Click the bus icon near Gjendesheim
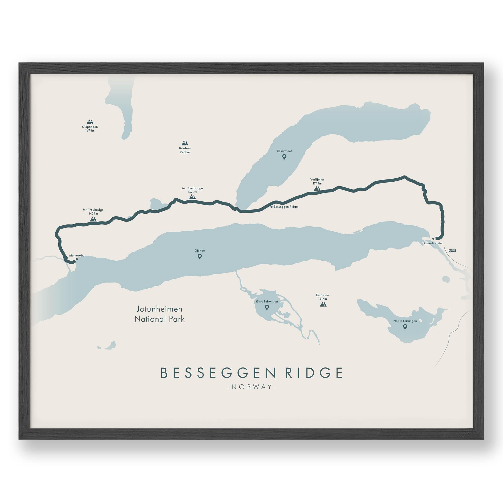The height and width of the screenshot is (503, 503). [452, 251]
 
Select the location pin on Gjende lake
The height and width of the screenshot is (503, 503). [200, 256]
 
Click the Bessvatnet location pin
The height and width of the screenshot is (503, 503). [284, 157]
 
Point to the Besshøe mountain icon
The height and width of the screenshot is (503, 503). [185, 143]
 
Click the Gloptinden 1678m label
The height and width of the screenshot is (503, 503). [90, 129]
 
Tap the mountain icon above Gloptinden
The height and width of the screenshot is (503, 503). [90, 122]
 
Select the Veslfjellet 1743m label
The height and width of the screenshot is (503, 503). [317, 181]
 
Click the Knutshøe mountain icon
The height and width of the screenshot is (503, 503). [323, 304]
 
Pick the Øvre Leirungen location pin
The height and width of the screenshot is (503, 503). [267, 307]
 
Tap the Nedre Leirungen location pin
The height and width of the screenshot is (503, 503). [405, 327]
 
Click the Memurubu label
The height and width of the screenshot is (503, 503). [77, 256]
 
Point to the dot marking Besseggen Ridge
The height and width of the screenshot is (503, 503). [272, 207]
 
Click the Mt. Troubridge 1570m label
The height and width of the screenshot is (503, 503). [192, 190]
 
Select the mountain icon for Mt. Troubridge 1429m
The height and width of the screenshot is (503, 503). [93, 219]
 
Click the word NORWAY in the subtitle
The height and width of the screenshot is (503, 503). [251, 387]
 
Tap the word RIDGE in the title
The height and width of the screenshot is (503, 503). [314, 373]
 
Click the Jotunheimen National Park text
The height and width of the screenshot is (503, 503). [160, 314]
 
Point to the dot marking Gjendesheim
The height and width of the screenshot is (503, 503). [433, 239]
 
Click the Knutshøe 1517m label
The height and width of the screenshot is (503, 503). [322, 297]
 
